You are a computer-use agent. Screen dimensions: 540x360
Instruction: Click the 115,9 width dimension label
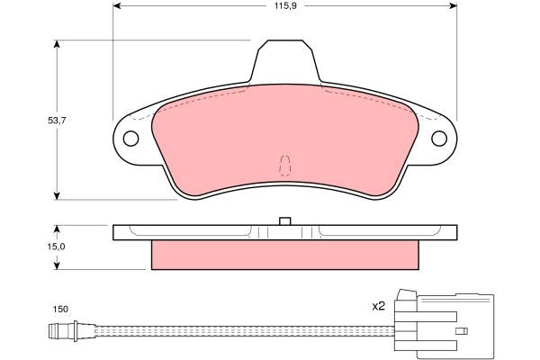click(x=285, y=6)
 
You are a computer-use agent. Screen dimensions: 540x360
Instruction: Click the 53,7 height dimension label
click(x=57, y=121)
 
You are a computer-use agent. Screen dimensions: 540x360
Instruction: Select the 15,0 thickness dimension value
click(x=57, y=247)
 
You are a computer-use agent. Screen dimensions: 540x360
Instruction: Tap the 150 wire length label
click(x=60, y=310)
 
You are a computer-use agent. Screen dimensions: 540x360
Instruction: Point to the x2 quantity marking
click(x=378, y=306)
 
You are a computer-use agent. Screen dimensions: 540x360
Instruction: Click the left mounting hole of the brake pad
click(x=130, y=139)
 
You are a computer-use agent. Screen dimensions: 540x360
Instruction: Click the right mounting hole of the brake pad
click(x=439, y=139)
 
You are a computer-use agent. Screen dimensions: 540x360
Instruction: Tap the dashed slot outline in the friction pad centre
click(x=285, y=166)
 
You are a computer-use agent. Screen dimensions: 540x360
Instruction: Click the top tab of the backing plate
click(x=285, y=61)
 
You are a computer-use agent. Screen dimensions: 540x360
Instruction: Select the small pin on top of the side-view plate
click(x=285, y=221)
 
